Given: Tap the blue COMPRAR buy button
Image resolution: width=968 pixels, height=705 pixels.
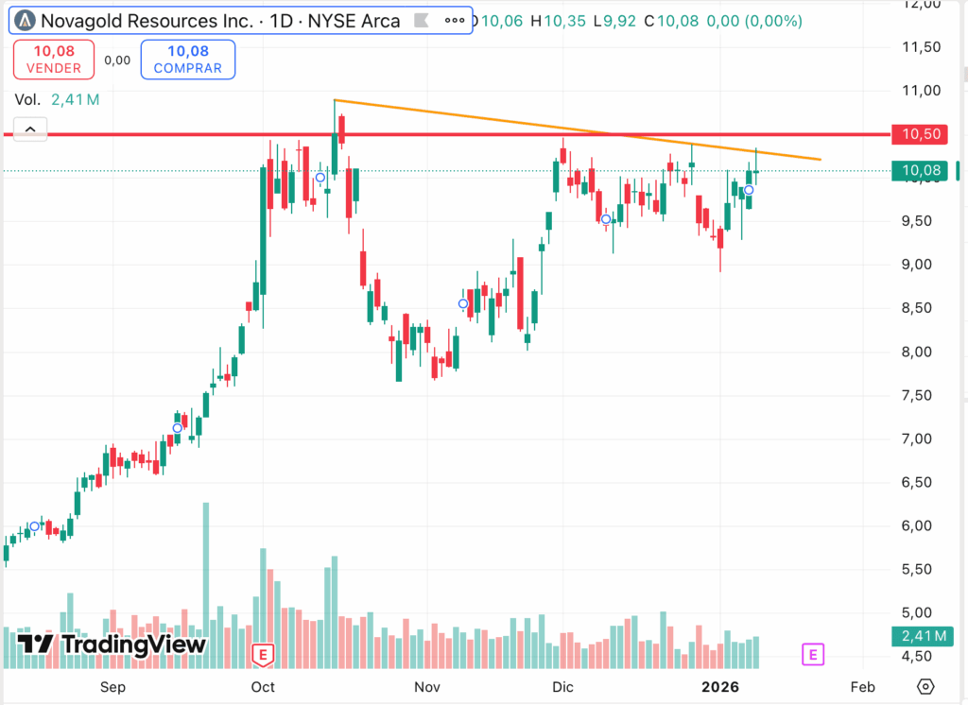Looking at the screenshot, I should point(187,60).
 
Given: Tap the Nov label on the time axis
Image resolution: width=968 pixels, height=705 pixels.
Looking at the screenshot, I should point(428,686).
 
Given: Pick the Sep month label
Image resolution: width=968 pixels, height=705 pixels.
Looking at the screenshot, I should point(112,686).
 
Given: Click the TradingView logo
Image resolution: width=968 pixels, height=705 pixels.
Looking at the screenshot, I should point(112,645).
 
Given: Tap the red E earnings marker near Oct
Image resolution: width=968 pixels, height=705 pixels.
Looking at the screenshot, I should point(263,653).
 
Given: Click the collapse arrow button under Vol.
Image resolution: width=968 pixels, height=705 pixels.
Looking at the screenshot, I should point(30,129).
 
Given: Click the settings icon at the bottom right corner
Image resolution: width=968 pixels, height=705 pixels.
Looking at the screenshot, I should point(926,686).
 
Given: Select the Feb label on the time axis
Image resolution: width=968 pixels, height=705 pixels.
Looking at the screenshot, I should point(861,686).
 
